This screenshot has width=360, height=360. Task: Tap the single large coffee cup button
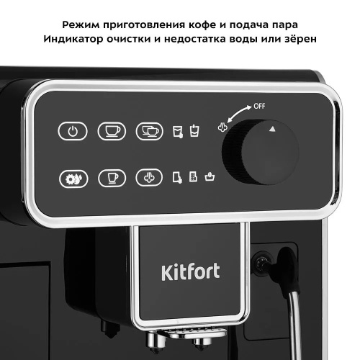(x=110, y=132)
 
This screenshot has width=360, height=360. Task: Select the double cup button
(x=150, y=132)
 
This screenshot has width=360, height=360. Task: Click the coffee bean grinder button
(x=72, y=177)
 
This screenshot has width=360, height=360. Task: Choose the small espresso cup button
(x=110, y=177)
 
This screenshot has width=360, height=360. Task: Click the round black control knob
(x=252, y=153)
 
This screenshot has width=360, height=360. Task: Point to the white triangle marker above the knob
(x=273, y=129)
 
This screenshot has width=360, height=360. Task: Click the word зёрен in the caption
(x=295, y=37)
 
